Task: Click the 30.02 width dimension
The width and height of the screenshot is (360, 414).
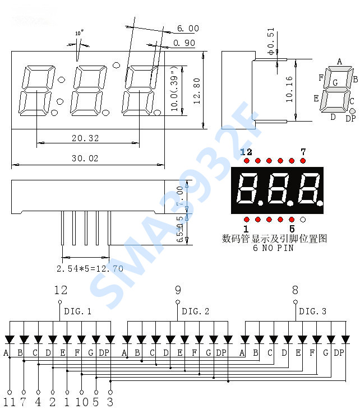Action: pyautogui.click(x=85, y=159)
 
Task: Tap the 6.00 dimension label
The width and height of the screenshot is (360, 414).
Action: pyautogui.click(x=188, y=29)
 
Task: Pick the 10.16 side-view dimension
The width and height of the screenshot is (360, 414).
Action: pyautogui.click(x=289, y=90)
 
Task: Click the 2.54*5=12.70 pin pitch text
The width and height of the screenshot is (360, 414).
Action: pyautogui.click(x=90, y=268)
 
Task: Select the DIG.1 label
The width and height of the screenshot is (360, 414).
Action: pyautogui.click(x=78, y=311)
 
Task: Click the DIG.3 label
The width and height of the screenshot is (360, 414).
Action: pyautogui.click(x=313, y=311)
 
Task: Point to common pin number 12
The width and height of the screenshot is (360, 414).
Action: pyautogui.click(x=61, y=290)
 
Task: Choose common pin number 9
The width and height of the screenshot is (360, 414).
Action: pyautogui.click(x=178, y=290)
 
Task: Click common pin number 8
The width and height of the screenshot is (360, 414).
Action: pyautogui.click(x=295, y=290)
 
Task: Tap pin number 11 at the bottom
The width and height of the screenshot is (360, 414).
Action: pyautogui.click(x=9, y=402)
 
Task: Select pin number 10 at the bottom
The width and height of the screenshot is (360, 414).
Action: pyautogui.click(x=81, y=402)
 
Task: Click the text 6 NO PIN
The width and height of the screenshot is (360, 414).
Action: pyautogui.click(x=273, y=248)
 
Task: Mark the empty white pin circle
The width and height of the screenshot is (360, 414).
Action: pyautogui.click(x=303, y=219)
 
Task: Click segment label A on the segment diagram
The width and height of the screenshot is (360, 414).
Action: pyautogui.click(x=339, y=62)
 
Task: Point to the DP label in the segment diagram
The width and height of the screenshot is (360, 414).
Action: pyautogui.click(x=350, y=118)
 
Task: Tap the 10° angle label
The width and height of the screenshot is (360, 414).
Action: pyautogui.click(x=79, y=34)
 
